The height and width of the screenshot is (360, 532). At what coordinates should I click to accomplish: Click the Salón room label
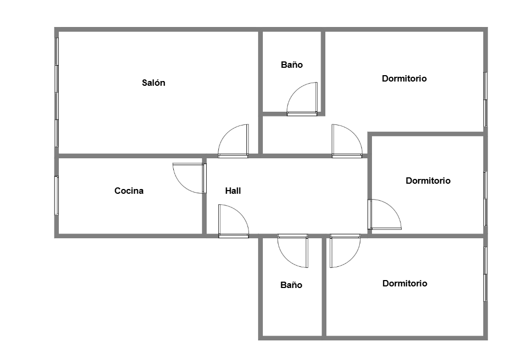click(153, 83)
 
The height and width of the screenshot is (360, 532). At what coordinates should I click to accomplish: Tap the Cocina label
click(129, 191)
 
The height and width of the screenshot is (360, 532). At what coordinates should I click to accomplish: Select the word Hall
click(233, 191)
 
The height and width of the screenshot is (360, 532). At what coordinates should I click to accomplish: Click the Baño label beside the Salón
click(292, 65)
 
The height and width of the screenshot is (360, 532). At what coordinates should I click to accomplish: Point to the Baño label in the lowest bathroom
click(291, 285)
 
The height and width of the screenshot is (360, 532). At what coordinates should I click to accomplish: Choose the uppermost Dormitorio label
click(404, 79)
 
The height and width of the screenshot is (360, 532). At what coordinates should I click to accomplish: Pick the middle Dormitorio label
click(428, 181)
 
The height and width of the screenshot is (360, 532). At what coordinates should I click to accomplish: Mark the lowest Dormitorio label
click(405, 283)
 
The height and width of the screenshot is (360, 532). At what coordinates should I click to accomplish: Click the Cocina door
click(189, 178)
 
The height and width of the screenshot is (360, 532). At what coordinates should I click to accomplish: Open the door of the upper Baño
click(302, 99)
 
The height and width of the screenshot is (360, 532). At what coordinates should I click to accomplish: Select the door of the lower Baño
click(293, 251)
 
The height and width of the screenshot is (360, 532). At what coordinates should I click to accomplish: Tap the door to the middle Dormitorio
click(384, 214)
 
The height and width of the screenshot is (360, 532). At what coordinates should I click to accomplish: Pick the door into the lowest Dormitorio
click(345, 251)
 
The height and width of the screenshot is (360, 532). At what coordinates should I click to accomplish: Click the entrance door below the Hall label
click(234, 221)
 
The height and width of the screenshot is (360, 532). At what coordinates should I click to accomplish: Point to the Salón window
click(57, 92)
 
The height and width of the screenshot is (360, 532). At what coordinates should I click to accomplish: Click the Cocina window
click(57, 195)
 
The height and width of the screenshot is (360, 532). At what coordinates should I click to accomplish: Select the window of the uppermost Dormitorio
click(485, 100)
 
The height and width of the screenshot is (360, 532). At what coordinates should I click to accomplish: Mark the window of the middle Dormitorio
click(485, 199)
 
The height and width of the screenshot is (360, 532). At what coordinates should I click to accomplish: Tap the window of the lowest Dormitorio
click(485, 274)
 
